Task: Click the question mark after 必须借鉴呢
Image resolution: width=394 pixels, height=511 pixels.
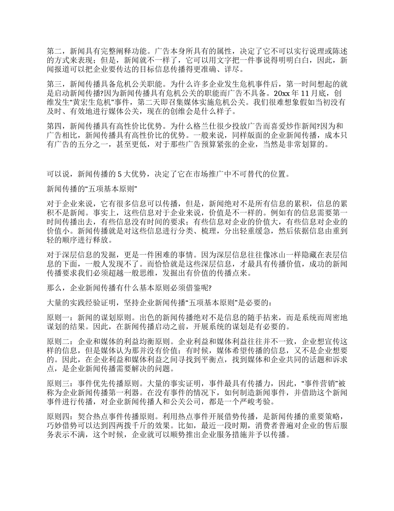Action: pos(211,287)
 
